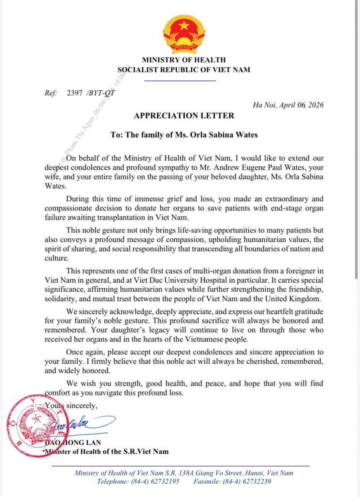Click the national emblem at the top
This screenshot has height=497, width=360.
(x=184, y=34)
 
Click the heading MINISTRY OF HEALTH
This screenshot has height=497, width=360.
(x=184, y=60)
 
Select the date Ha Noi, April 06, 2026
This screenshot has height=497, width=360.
(x=288, y=104)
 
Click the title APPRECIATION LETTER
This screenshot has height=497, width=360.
(x=184, y=116)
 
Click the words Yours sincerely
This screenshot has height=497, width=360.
(x=71, y=406)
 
